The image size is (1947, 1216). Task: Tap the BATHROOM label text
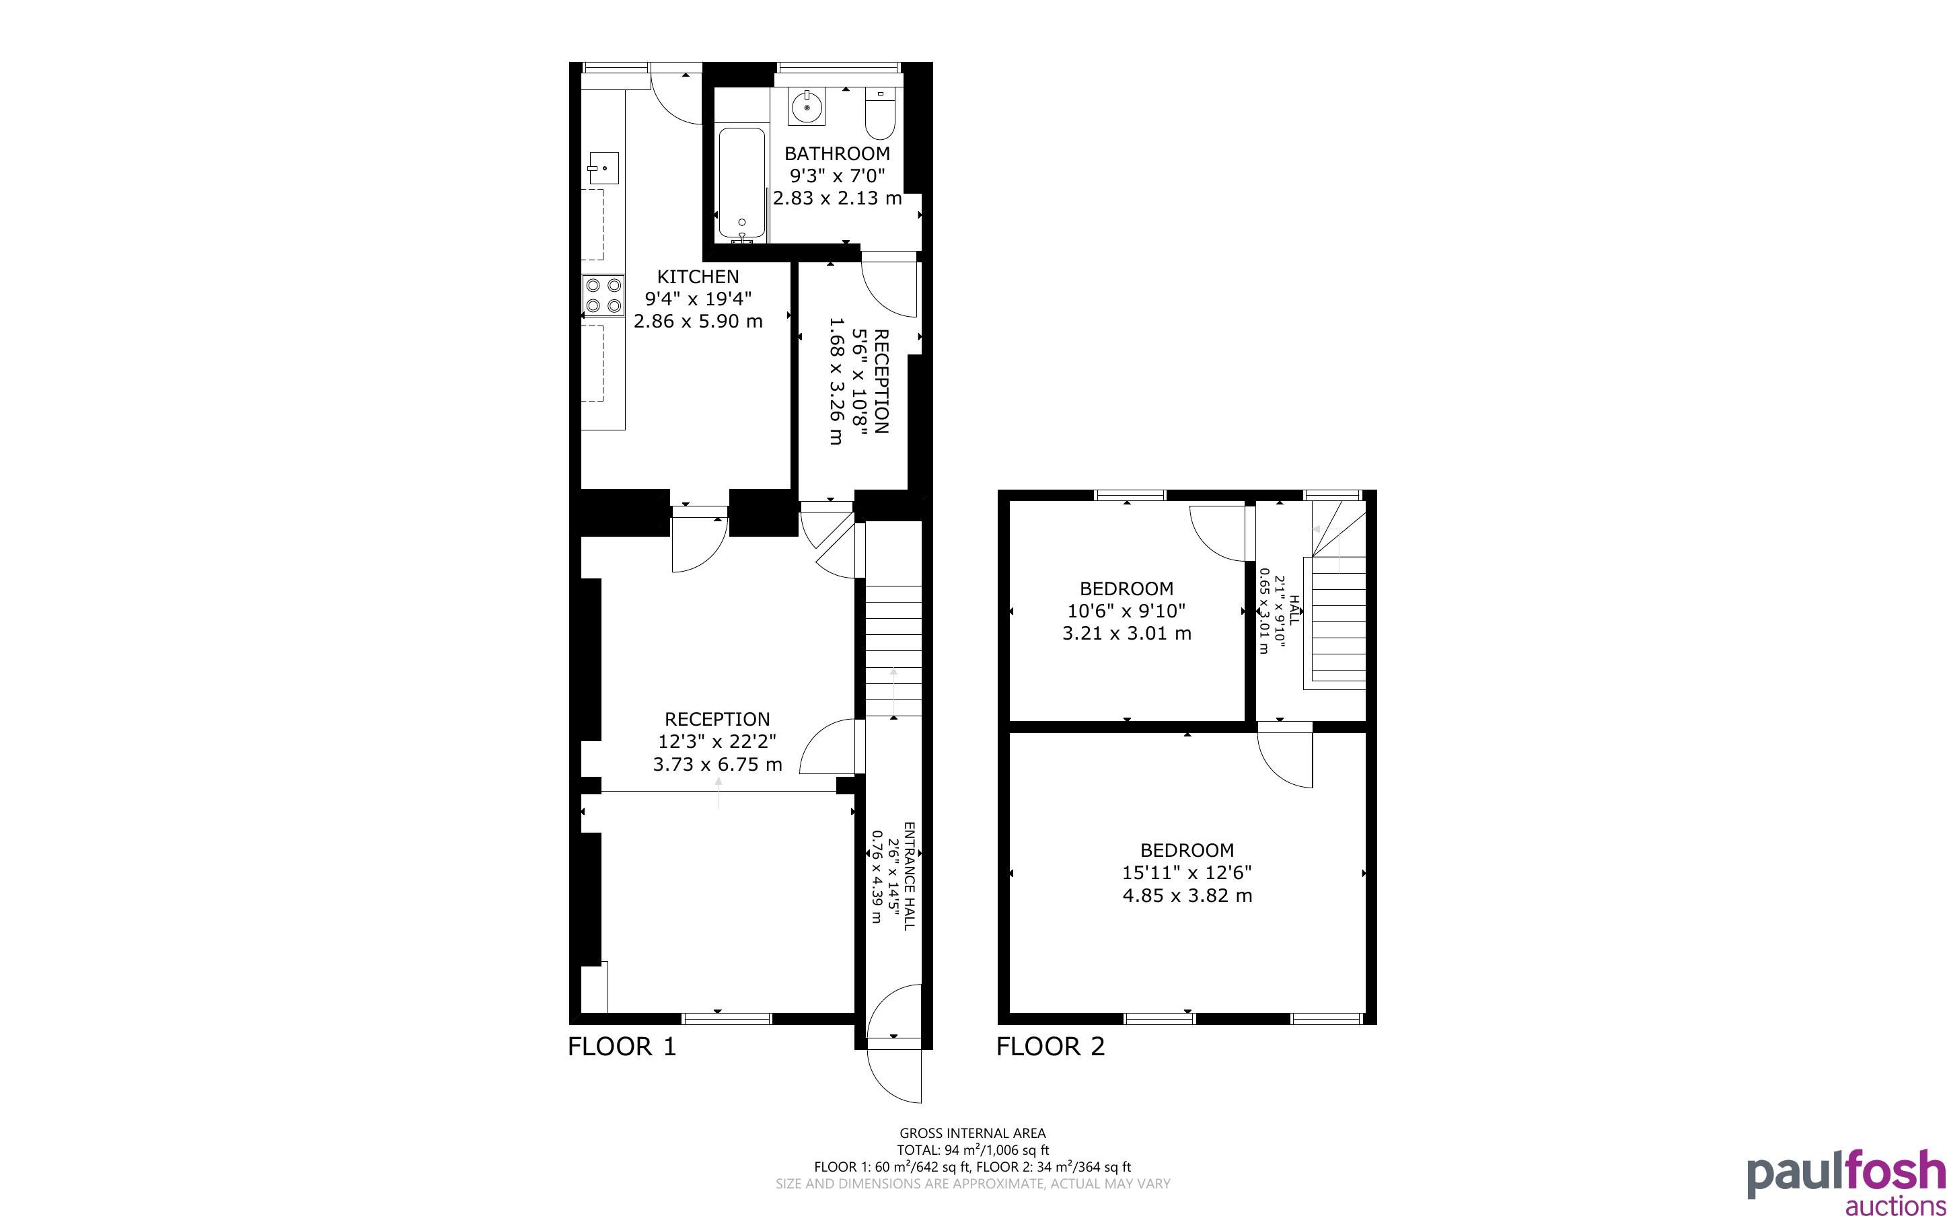coord(837,153)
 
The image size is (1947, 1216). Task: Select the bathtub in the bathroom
coord(741,184)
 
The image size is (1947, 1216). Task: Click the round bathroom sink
coord(807,107)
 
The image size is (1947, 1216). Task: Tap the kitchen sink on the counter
coord(602,168)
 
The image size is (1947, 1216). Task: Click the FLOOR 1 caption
coord(622,1047)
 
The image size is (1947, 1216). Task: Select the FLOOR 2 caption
coord(1050,1047)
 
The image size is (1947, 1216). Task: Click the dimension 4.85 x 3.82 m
coord(1187,895)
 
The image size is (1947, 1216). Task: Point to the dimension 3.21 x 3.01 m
coord(1127,633)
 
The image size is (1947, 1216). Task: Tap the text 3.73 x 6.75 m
coord(717,764)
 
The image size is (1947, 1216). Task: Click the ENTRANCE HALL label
coord(910,876)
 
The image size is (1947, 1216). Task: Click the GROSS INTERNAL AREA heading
coord(972,1134)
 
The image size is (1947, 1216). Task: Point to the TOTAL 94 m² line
coord(972,1150)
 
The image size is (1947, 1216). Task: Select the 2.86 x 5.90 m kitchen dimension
coord(698,321)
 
